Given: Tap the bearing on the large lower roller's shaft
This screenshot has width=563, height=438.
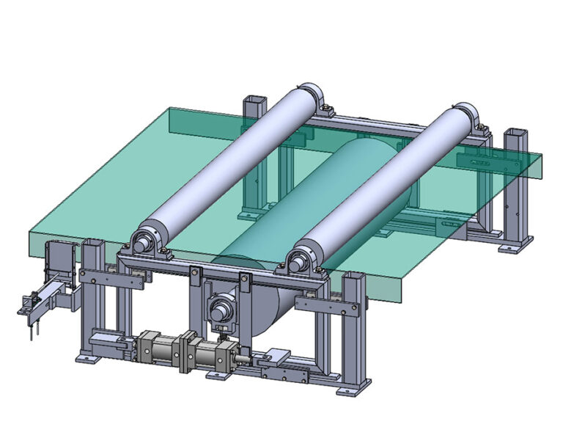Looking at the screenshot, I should tap(221, 308).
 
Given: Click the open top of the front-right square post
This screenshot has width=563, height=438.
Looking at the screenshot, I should tap(353, 277).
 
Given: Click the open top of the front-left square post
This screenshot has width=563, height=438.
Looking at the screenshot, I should tap(91, 243).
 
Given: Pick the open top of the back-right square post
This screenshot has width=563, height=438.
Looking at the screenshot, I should tap(515, 134).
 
